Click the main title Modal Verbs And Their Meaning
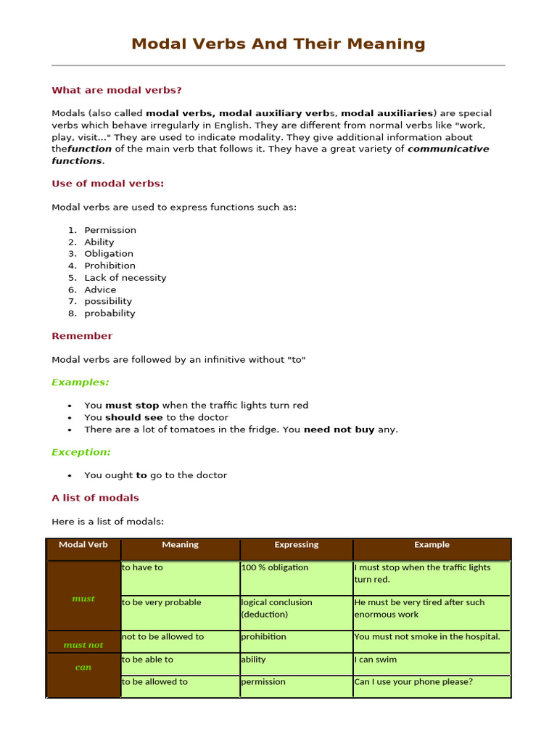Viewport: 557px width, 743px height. [278, 44]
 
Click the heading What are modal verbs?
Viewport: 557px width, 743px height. [117, 90]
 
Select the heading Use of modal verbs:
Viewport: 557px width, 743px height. [108, 184]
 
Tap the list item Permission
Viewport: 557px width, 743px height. [110, 230]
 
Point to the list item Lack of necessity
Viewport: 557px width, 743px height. [125, 278]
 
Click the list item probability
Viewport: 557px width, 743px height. [110, 313]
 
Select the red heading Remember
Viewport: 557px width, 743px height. [82, 336]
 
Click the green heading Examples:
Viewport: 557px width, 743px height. [81, 382]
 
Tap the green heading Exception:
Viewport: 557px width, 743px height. [81, 452]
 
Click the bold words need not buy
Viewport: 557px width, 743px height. [339, 430]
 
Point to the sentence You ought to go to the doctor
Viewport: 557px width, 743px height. [155, 475]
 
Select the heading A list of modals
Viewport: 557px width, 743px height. [95, 498]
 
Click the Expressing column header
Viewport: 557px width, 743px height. [296, 545]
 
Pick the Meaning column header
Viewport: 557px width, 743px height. [180, 545]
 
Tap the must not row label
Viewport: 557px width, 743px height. [83, 644]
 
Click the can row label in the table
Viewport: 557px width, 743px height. [83, 667]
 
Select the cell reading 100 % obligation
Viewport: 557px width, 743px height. [275, 567]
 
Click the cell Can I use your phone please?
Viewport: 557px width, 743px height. [413, 682]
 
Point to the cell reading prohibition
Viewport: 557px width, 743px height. [264, 637]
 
